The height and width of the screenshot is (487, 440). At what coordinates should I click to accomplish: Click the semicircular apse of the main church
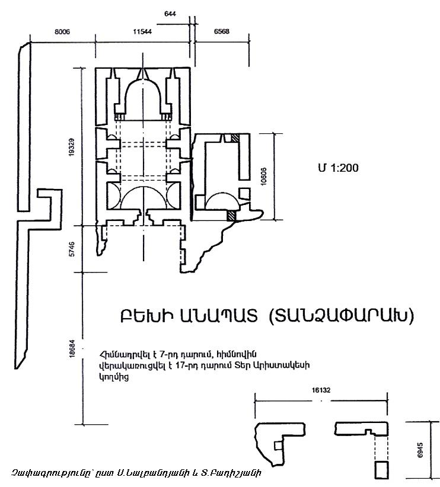(142, 98)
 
